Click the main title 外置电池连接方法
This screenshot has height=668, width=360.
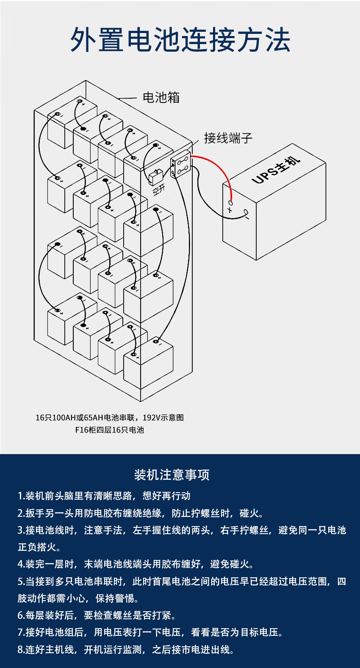(180, 40)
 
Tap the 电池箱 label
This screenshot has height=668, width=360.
(161, 97)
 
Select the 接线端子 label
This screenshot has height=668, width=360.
(228, 138)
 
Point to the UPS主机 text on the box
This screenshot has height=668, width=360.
(276, 170)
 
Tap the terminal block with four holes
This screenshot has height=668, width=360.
(181, 165)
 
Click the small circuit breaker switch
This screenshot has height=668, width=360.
(155, 177)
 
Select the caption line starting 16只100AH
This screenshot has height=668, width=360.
(109, 418)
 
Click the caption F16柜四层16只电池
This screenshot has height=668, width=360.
(109, 430)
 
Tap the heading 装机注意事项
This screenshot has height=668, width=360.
(172, 475)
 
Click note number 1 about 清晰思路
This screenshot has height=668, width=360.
(104, 496)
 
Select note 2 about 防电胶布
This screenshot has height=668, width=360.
(141, 513)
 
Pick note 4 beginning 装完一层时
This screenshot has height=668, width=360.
(136, 564)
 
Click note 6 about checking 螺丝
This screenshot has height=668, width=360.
(97, 615)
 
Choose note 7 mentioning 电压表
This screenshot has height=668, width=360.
(150, 632)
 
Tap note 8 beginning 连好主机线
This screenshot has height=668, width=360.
(126, 649)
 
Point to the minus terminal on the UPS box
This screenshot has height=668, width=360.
(246, 212)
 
